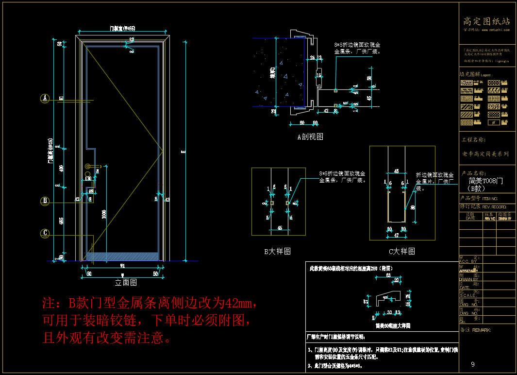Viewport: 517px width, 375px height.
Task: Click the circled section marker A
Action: tap(45, 99)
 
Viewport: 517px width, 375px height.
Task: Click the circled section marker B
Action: tap(45, 201)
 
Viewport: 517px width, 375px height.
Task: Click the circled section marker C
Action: tap(45, 233)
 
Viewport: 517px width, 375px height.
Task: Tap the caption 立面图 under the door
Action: tap(126, 282)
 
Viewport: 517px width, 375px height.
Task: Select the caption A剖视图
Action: tap(310, 137)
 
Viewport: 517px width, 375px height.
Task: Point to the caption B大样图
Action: tap(277, 251)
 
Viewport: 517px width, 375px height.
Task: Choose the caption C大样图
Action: tap(402, 251)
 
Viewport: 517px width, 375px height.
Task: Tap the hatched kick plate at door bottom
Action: tap(122, 256)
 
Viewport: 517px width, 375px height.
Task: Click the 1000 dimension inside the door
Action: tap(104, 214)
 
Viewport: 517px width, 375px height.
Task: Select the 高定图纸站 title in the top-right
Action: tap(486, 21)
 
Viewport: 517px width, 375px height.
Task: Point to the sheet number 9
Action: tap(473, 365)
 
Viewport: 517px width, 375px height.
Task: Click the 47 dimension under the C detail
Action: tap(397, 235)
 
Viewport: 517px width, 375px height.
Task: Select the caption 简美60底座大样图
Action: tap(394, 325)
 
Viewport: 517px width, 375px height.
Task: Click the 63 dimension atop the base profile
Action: tap(388, 275)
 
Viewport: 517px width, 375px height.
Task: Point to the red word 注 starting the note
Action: tap(49, 304)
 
